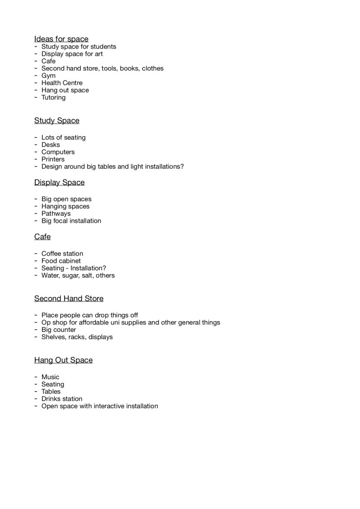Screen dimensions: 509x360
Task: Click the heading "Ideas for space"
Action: pos(61,39)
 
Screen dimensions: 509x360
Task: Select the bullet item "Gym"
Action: pos(48,76)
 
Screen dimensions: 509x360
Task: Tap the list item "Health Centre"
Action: pos(62,83)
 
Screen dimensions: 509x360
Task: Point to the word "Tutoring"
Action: pos(53,97)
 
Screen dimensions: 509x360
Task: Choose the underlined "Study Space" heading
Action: pos(57,120)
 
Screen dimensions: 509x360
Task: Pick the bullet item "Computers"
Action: pos(58,152)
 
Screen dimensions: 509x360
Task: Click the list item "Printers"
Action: pos(53,160)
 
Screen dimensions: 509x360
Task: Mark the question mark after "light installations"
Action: pos(182,166)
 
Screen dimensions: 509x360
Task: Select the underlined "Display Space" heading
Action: pos(59,182)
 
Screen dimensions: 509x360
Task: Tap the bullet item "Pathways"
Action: pos(56,214)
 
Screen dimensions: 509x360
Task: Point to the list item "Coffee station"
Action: pos(62,254)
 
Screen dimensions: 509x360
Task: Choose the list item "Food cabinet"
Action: pos(61,261)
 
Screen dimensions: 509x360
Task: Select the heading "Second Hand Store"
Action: pos(68,298)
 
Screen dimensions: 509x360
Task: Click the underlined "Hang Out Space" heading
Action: pos(63,360)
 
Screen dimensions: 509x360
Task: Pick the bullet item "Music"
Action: pos(50,377)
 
